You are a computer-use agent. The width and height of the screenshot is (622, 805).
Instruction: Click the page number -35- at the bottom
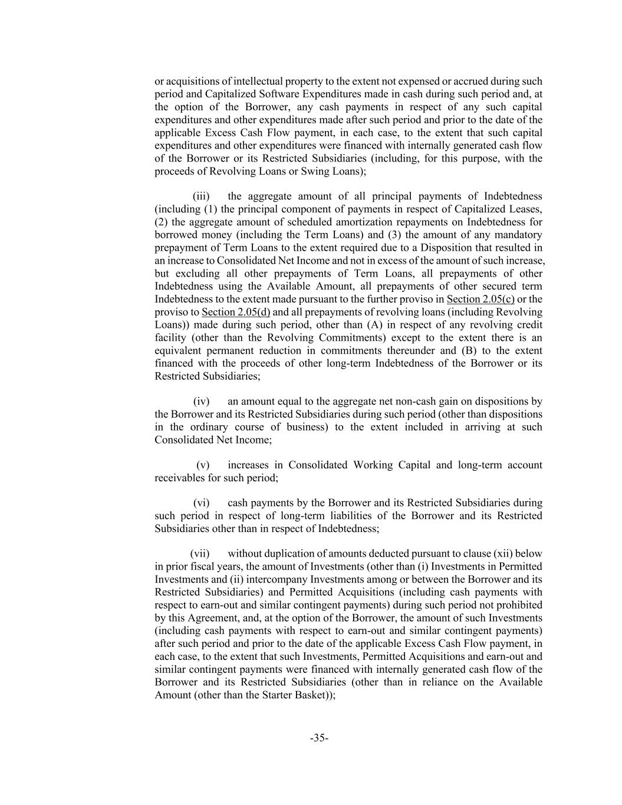(x=319, y=738)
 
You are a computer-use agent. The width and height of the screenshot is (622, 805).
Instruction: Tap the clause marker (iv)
(x=202, y=402)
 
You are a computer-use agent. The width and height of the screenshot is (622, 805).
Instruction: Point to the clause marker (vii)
(x=200, y=554)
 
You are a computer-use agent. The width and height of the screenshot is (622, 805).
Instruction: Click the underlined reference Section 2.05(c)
(x=480, y=300)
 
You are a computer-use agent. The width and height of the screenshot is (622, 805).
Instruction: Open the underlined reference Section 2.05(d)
(x=236, y=313)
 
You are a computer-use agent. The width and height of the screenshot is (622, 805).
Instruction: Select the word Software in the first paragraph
(x=275, y=94)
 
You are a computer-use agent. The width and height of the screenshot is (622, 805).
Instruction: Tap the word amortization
(x=367, y=222)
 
